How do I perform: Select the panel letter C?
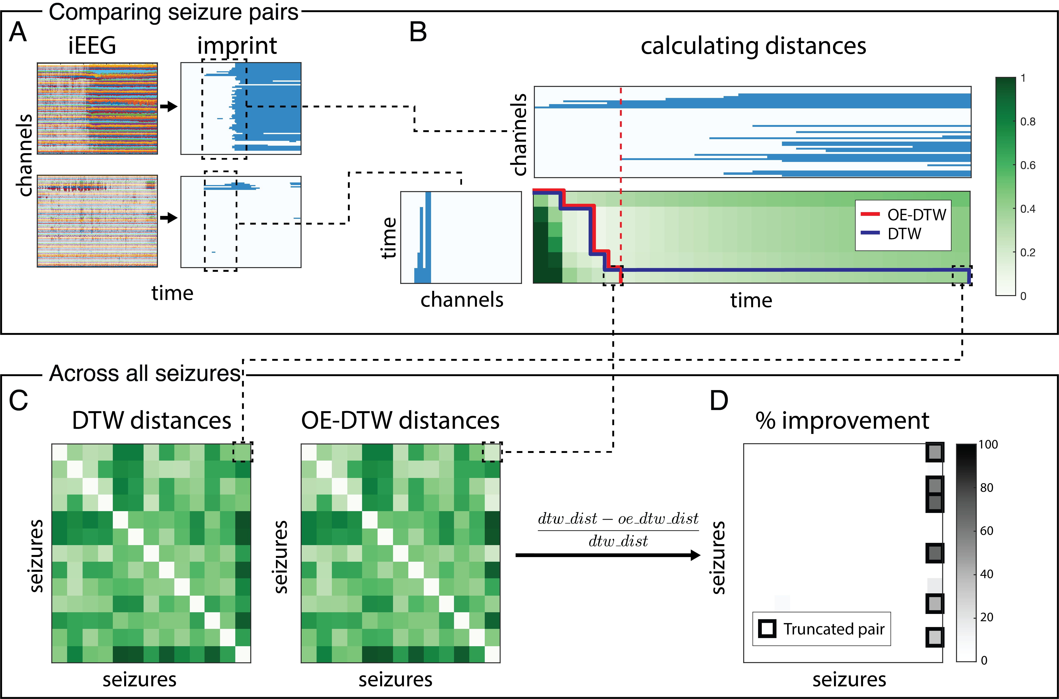click(x=18, y=400)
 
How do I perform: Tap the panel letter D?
click(x=719, y=400)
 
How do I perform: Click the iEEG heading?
click(x=92, y=46)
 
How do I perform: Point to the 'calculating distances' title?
click(x=753, y=46)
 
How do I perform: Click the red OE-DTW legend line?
click(x=870, y=214)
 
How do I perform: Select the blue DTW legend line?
click(x=870, y=233)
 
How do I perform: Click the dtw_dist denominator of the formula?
click(x=618, y=541)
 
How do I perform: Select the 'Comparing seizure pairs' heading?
click(x=173, y=12)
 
